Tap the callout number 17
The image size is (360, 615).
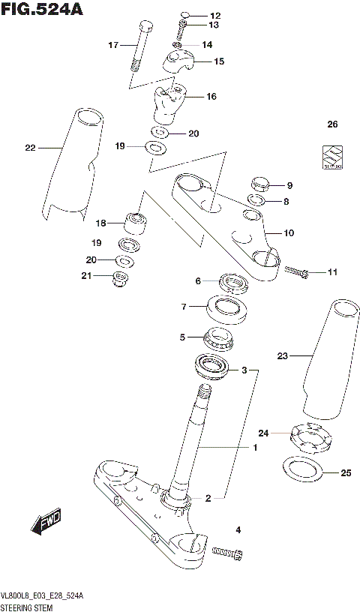[113, 45]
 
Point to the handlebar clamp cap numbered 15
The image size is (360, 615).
[178, 61]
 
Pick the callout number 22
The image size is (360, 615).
[30, 148]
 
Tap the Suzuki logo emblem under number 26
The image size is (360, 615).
[328, 160]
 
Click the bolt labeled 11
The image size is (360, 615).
[295, 272]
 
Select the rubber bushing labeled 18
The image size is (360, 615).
[136, 223]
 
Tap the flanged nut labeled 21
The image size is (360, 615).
[118, 280]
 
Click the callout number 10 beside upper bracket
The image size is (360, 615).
[289, 233]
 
